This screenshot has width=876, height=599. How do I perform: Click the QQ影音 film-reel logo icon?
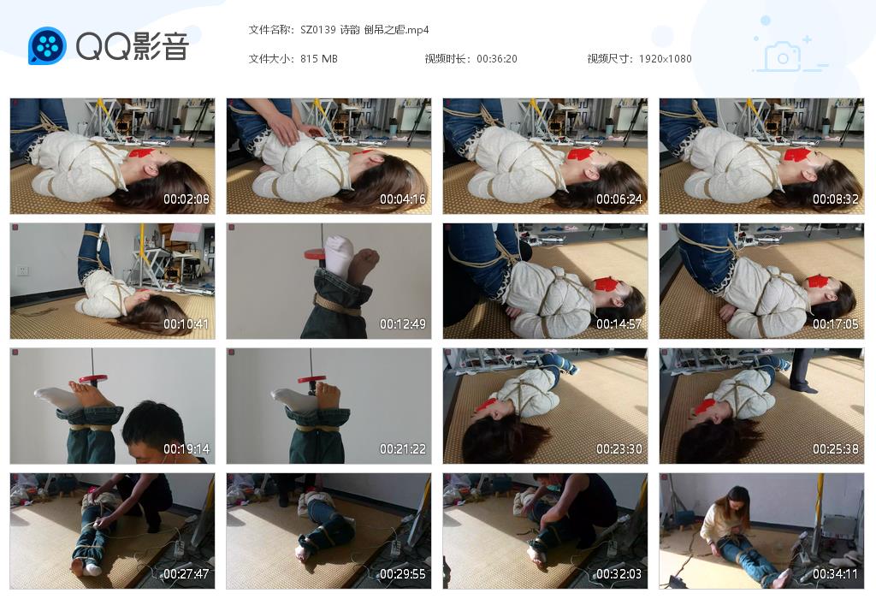click(47, 46)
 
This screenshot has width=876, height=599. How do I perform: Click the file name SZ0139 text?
click(318, 30)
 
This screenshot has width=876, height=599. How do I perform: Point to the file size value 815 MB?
click(318, 59)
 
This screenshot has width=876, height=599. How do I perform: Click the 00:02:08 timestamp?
click(186, 199)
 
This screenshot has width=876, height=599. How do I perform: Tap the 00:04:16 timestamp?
click(403, 199)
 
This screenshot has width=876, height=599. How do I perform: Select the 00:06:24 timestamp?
click(619, 199)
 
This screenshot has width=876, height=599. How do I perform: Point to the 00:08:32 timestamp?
click(836, 199)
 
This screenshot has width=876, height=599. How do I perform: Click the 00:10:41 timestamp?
click(186, 324)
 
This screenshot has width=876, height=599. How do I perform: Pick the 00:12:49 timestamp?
click(403, 324)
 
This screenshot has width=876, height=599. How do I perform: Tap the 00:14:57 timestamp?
click(619, 324)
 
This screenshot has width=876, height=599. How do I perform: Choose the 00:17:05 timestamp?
click(836, 324)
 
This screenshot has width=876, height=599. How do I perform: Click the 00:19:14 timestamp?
click(186, 449)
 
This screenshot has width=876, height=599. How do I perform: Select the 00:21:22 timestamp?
click(403, 449)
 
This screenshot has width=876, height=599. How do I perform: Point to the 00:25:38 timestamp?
click(836, 449)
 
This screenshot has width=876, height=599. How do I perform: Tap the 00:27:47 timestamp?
click(186, 574)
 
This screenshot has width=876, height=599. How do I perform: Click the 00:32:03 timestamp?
click(619, 574)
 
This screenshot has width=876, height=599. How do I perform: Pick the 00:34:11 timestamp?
click(836, 574)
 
